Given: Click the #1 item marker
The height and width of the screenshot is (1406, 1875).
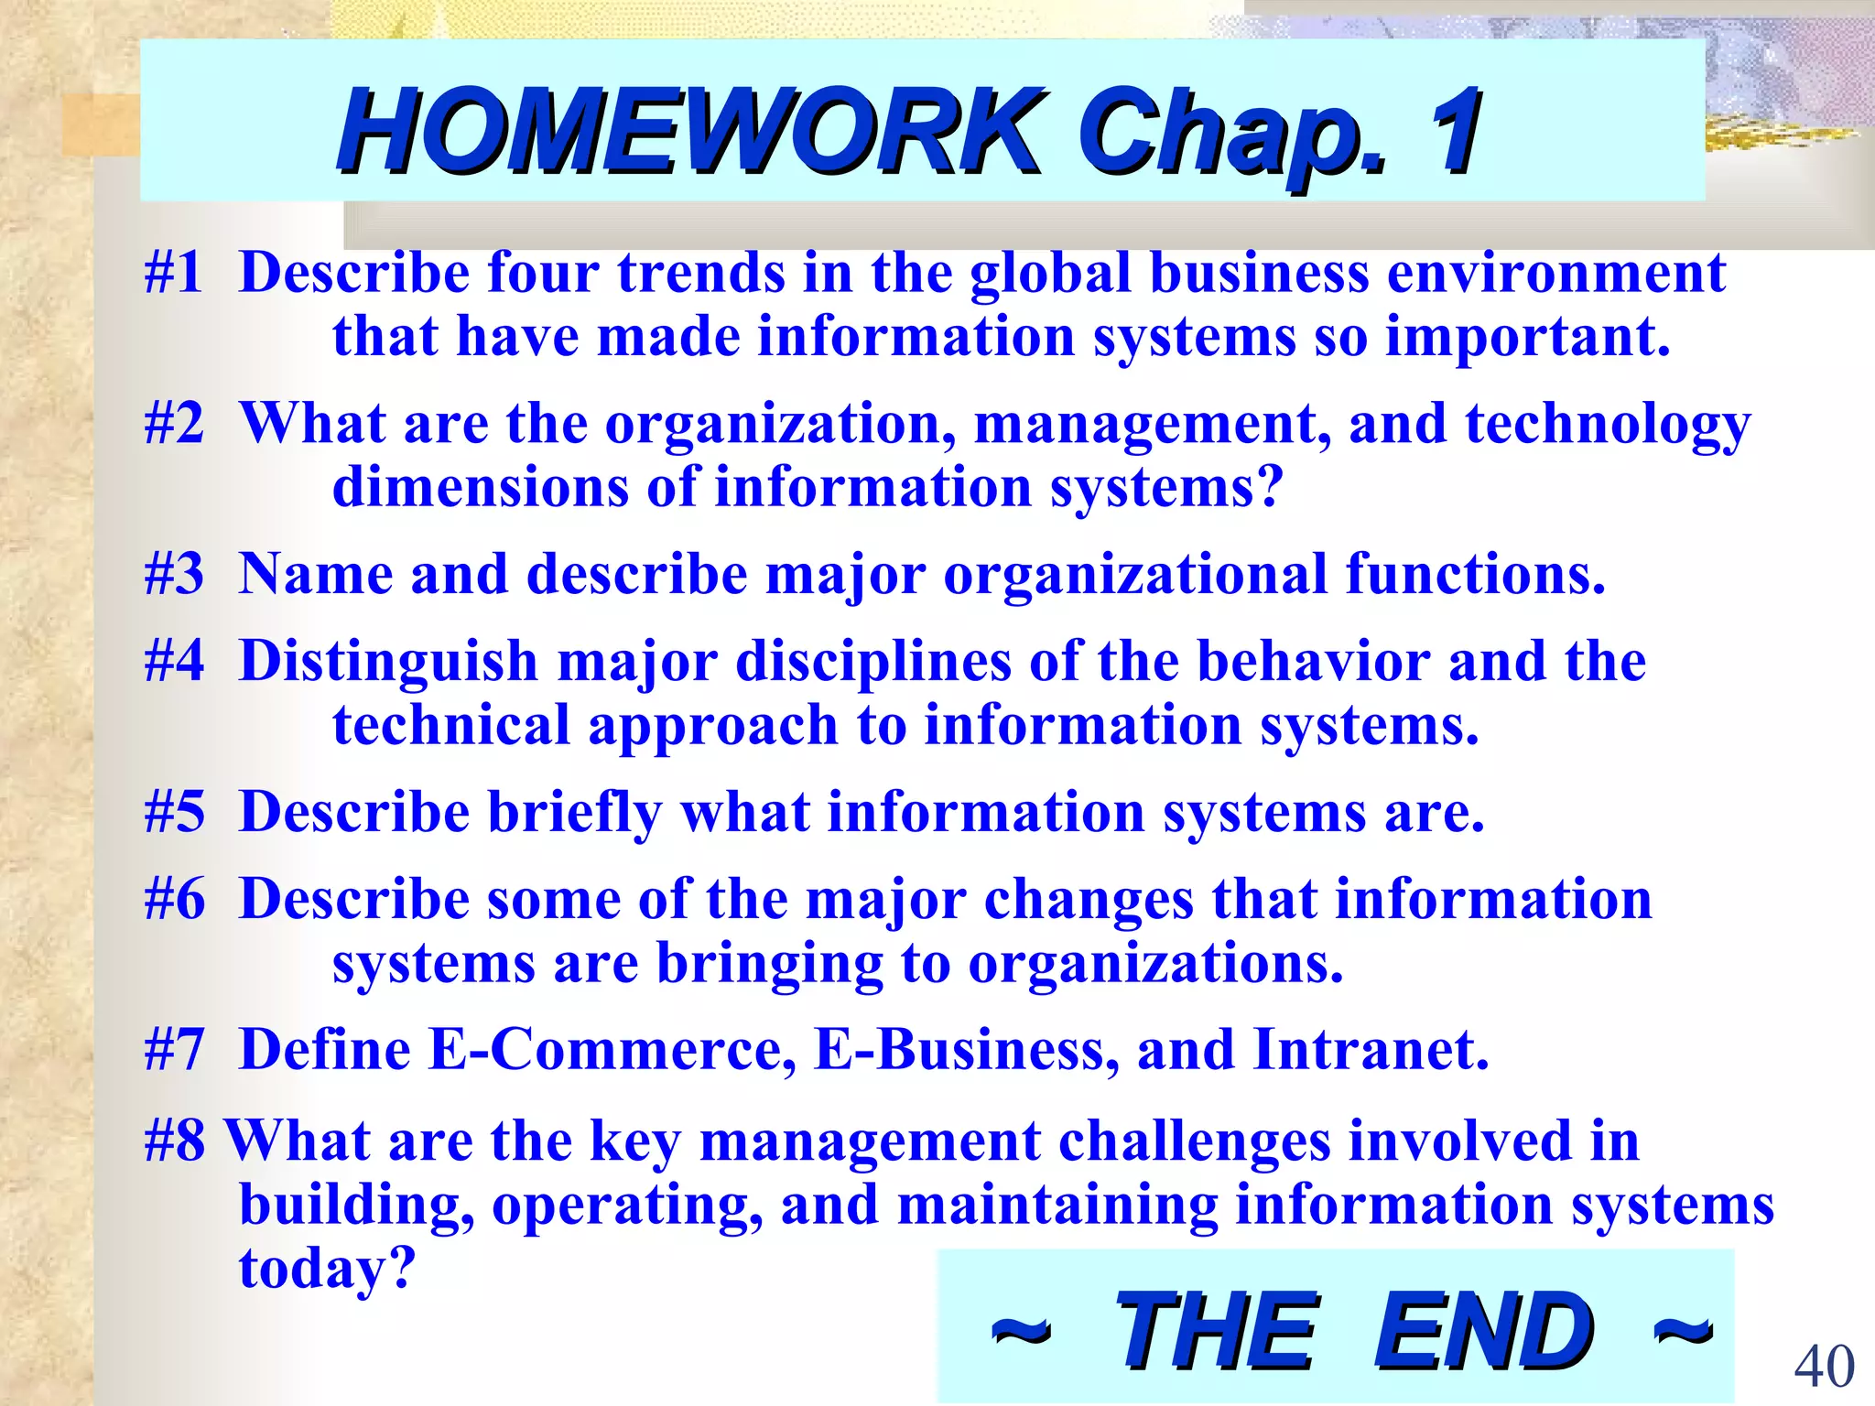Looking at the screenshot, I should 174,273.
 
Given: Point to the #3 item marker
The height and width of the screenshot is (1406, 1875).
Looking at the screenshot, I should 174,575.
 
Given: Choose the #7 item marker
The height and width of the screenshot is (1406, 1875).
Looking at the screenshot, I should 174,1050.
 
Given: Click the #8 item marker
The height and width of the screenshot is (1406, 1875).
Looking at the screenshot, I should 174,1141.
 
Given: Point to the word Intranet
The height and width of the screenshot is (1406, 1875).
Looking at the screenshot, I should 1371,1050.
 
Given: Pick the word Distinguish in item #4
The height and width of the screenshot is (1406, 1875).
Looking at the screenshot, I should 388,662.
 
